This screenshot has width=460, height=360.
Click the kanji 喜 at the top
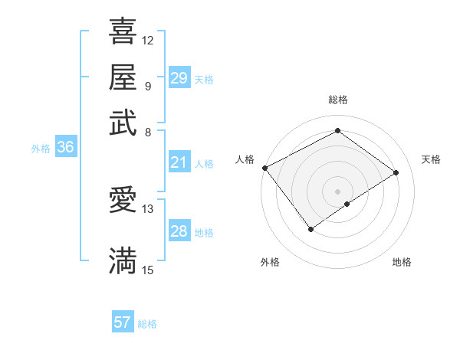click(x=123, y=33)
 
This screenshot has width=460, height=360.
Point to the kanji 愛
click(x=123, y=200)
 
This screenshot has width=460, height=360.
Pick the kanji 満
click(x=123, y=260)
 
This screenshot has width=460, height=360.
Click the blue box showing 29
click(x=179, y=78)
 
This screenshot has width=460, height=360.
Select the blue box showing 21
click(x=179, y=162)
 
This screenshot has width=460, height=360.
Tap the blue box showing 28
click(x=179, y=231)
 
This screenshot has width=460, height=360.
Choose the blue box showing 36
click(x=65, y=148)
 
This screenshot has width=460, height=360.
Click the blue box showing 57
click(x=123, y=322)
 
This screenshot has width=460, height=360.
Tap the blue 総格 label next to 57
click(x=147, y=324)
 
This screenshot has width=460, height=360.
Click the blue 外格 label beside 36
click(x=41, y=149)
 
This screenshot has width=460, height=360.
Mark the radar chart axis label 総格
click(x=337, y=100)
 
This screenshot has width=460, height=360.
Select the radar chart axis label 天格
click(x=431, y=159)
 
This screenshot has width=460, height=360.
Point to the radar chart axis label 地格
click(x=402, y=262)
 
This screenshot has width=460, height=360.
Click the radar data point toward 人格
click(x=264, y=168)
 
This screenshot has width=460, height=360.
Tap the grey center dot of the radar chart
click(x=337, y=191)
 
